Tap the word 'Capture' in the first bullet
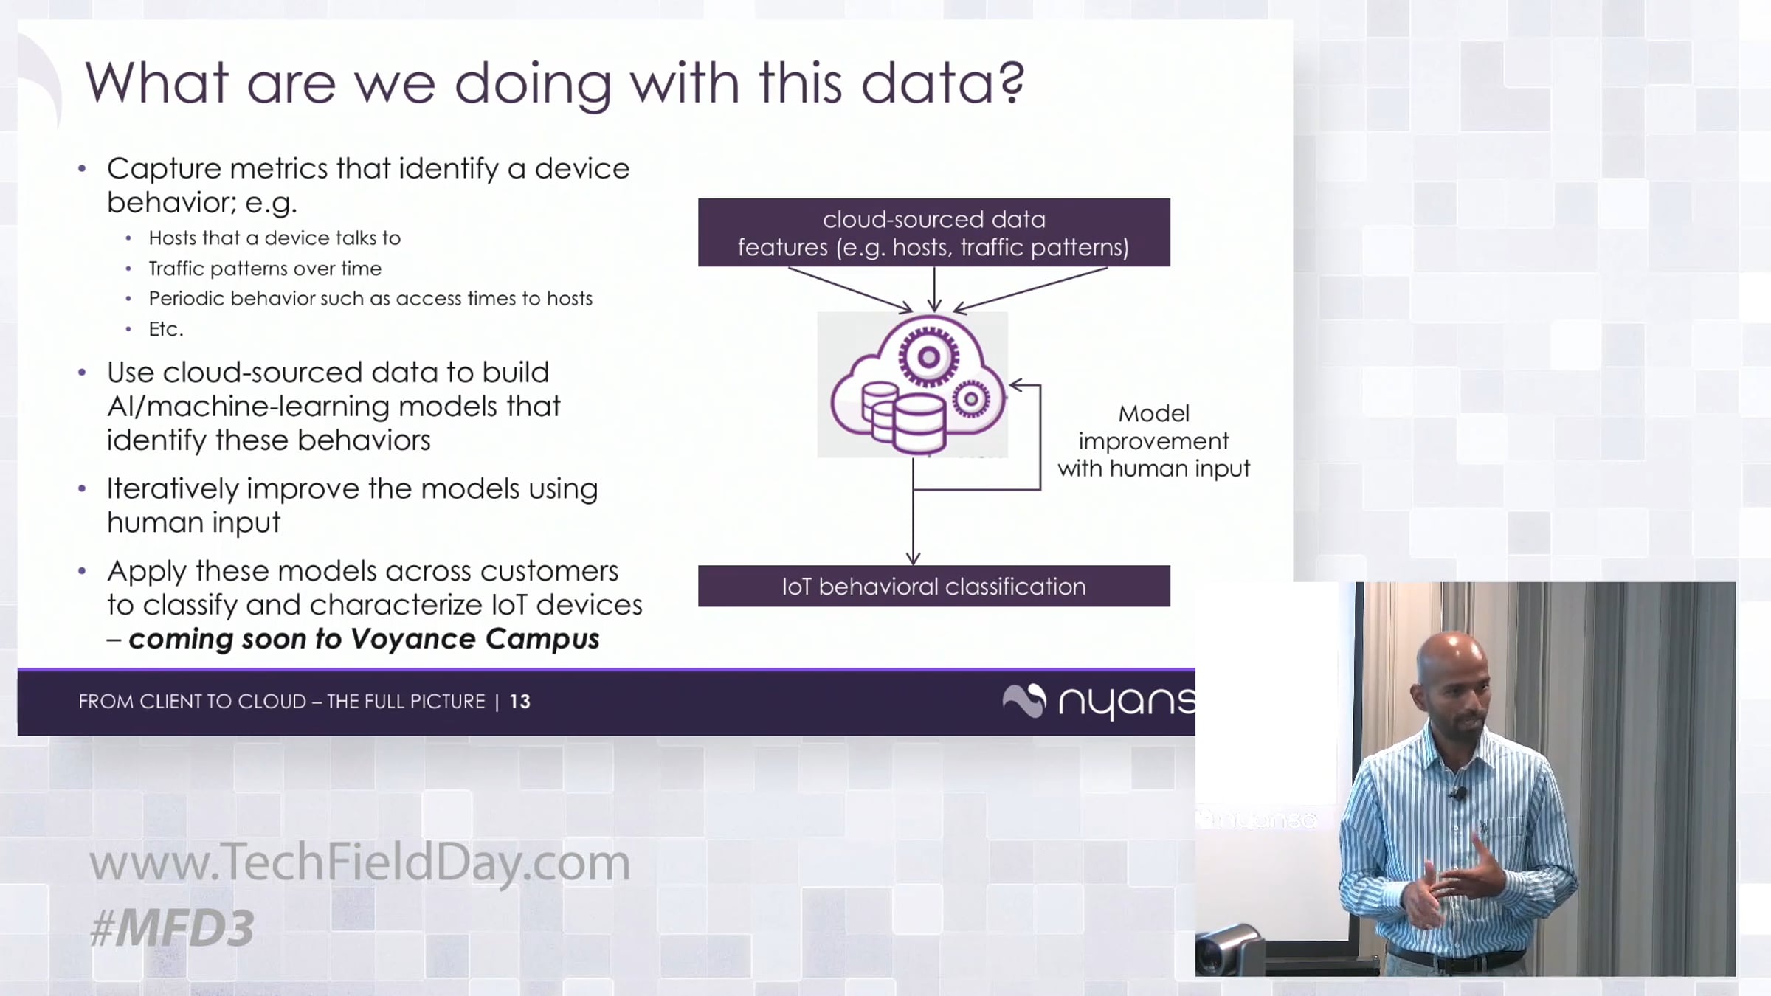[x=165, y=169]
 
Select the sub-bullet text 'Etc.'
[x=166, y=329]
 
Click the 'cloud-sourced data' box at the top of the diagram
[x=934, y=232]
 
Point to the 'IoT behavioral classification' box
[x=934, y=587]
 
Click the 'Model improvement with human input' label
[x=1154, y=441]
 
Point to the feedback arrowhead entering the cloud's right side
[x=1016, y=385]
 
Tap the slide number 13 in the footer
[x=520, y=702]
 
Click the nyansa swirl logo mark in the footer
[x=1024, y=700]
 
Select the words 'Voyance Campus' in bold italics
[x=474, y=639]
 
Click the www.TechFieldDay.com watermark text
[x=360, y=862]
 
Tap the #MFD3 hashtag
[x=172, y=927]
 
